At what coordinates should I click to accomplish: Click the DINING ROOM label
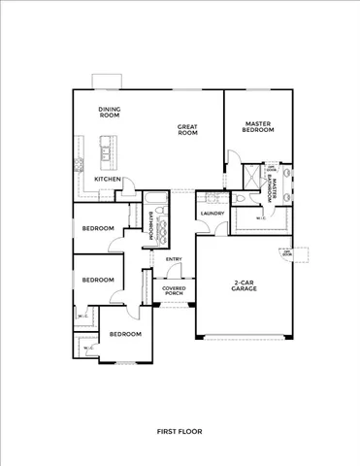coord(109,112)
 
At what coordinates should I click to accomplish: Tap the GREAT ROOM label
coord(187,130)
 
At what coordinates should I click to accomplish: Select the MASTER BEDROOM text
coord(257,127)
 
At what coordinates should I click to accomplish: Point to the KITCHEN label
coord(108,180)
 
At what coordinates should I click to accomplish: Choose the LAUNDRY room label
coord(213,213)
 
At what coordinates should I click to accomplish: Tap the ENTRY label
coord(174,259)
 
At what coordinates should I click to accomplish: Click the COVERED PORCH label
coord(174,291)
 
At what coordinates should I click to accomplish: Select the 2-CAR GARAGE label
coord(245,286)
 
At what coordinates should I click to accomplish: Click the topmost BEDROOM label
coord(98,229)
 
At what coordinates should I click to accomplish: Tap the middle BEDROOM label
coord(98,280)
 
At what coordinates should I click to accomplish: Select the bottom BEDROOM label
coord(124,334)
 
